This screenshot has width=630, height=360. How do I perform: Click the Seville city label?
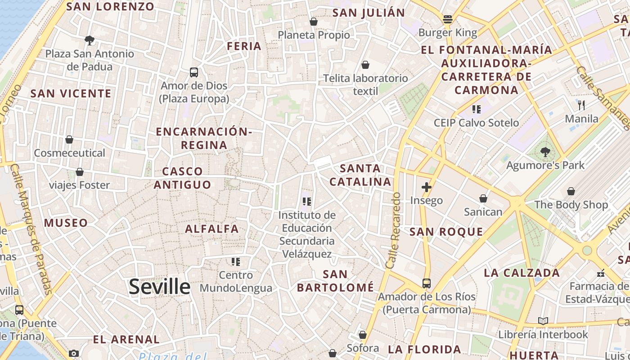coord(160,287)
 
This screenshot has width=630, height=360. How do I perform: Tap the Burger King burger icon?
coord(447,19)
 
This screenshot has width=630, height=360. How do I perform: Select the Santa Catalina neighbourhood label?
coord(360,175)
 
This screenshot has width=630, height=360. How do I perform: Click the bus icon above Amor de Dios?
coord(194,72)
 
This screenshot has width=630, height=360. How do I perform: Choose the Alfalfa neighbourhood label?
coord(212,229)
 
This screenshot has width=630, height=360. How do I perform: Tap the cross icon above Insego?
coord(427,187)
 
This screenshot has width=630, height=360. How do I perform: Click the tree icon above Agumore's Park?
coord(545,152)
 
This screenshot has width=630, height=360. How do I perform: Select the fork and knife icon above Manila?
coord(581,105)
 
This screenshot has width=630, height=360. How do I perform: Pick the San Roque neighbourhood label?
coord(446,232)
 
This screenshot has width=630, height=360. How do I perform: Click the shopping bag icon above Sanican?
coord(483,198)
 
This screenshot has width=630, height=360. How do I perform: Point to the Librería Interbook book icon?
coord(543,321)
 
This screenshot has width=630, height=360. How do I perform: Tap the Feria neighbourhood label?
coord(244,46)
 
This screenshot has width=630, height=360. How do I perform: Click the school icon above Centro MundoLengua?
coord(236,261)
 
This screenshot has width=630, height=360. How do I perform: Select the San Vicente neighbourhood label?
coord(71,94)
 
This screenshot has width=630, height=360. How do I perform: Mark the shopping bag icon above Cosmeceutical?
coord(69,139)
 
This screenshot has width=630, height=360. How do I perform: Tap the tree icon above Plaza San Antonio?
coord(90,40)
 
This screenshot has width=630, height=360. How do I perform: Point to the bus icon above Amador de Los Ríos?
coord(427,283)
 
